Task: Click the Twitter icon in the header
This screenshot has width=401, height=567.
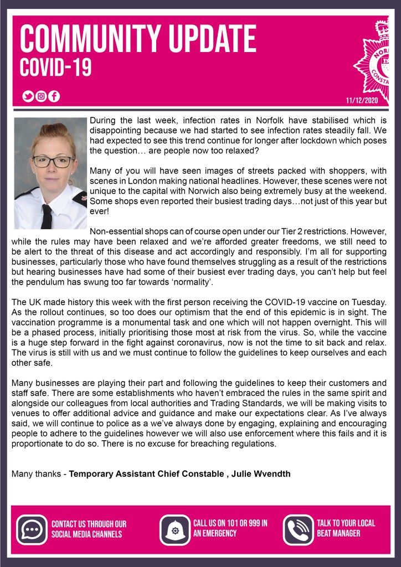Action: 28,96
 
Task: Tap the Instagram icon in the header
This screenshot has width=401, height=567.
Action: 41,96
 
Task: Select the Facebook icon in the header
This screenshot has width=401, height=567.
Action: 54,96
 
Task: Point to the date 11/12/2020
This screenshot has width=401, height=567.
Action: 361,100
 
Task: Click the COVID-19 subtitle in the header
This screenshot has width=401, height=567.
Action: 55,68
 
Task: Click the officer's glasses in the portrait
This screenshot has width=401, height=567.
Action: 53,162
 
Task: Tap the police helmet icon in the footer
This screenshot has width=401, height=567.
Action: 175,530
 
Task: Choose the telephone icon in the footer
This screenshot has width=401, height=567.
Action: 299,530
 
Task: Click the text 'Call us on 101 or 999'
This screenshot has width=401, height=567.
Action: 230,528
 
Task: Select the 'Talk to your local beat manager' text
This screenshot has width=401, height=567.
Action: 346,528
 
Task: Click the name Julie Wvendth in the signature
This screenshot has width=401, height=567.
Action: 267,473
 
